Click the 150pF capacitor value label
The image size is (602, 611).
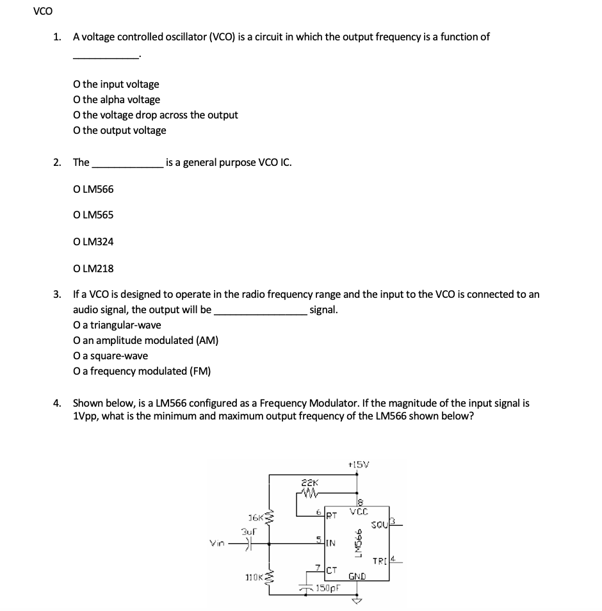coord(328,587)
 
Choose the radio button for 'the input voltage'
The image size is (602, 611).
coord(77,84)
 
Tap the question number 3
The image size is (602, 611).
coord(58,295)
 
